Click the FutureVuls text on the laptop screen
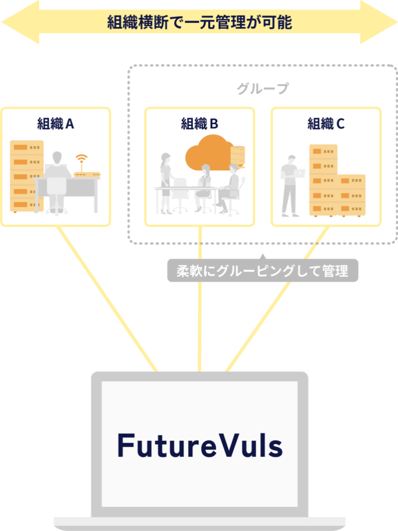[x=200, y=446]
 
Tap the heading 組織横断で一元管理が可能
[x=199, y=23]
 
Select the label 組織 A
[x=55, y=123]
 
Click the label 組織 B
[x=200, y=123]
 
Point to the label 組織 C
[x=326, y=123]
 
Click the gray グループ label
[x=263, y=89]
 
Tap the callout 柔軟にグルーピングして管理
[x=263, y=271]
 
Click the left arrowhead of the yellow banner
[x=19, y=23]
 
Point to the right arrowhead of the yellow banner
[x=379, y=23]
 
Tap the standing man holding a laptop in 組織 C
[x=290, y=185]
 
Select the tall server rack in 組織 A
[x=27, y=176]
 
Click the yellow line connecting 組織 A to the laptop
[x=108, y=299]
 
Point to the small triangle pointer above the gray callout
[x=263, y=257]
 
